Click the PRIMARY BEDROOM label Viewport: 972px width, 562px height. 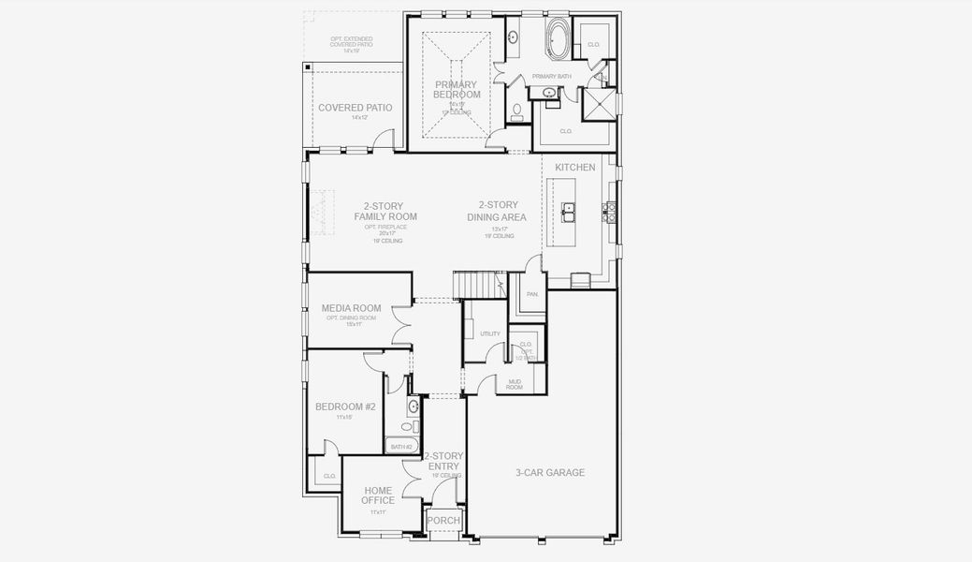(x=457, y=89)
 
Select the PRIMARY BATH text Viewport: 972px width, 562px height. (x=551, y=76)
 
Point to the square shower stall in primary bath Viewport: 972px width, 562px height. (x=599, y=104)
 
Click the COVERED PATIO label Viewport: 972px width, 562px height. (x=355, y=108)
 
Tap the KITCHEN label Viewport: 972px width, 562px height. (x=574, y=167)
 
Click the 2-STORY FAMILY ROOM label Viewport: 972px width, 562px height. (x=384, y=211)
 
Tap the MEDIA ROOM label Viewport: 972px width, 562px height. (x=351, y=308)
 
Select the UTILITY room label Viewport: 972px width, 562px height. (x=489, y=333)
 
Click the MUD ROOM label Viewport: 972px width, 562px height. (x=515, y=383)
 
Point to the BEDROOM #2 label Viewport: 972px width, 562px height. (x=344, y=407)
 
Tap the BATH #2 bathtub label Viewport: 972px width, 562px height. (x=401, y=447)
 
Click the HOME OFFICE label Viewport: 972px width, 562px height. (x=378, y=495)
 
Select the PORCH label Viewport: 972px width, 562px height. (x=442, y=521)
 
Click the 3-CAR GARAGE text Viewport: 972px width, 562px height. (x=550, y=472)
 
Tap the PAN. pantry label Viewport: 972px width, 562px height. (x=531, y=294)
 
